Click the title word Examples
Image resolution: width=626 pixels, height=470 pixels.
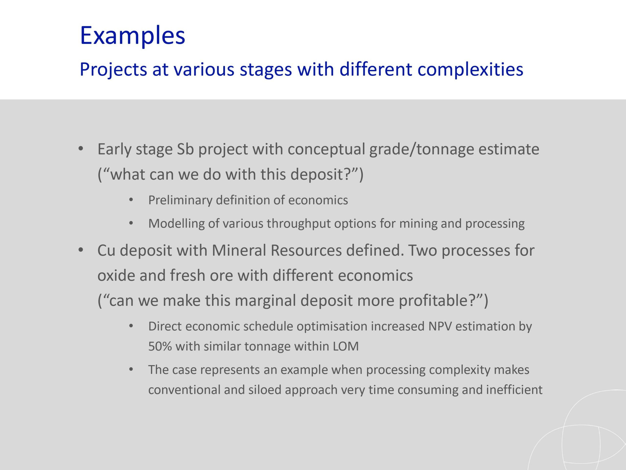[133, 36]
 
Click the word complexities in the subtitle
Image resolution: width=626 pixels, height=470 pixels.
[470, 70]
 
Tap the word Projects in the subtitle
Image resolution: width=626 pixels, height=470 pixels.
[113, 70]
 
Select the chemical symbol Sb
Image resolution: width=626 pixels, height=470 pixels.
[185, 149]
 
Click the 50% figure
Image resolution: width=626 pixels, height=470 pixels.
[160, 346]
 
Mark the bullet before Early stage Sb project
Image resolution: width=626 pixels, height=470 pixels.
[81, 149]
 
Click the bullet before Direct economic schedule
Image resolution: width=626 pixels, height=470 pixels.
[131, 326]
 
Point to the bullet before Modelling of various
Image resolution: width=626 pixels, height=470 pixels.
[131, 223]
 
